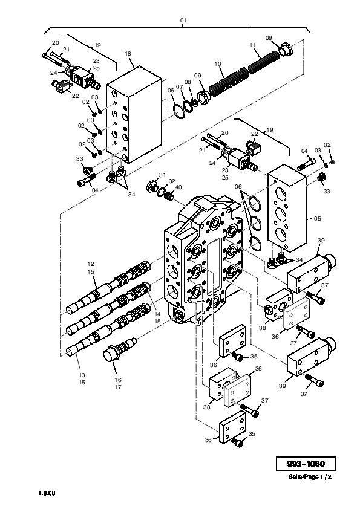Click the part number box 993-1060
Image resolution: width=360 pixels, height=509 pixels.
(306, 464)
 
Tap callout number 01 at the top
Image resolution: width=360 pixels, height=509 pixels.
(183, 21)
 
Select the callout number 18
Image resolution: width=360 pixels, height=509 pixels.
(128, 54)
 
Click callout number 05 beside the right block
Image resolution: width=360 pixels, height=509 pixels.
(318, 218)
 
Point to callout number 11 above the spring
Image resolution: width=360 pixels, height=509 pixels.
(252, 45)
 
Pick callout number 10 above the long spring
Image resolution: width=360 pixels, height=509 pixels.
(217, 64)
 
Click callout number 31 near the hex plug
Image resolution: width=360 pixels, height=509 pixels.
(163, 175)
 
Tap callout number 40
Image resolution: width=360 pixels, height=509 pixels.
(178, 187)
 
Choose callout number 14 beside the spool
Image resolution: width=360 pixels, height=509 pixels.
(157, 314)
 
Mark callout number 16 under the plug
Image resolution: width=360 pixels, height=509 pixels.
(117, 380)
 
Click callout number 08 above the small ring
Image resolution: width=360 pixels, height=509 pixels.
(188, 82)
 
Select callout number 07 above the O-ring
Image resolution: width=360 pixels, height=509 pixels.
(180, 86)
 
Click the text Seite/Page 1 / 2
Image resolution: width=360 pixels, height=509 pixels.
(310, 477)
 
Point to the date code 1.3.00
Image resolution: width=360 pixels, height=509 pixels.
(47, 493)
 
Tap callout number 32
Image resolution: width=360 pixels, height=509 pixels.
(172, 181)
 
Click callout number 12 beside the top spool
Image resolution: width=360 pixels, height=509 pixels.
(91, 264)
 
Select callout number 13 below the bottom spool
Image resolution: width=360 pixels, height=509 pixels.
(82, 375)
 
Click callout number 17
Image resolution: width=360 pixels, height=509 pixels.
(117, 387)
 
